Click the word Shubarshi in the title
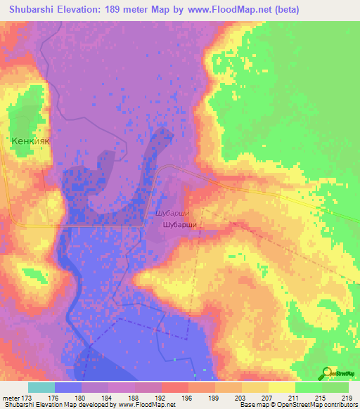[39, 10]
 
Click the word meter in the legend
[12, 398]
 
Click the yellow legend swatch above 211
[282, 387]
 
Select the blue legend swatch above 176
[68, 387]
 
